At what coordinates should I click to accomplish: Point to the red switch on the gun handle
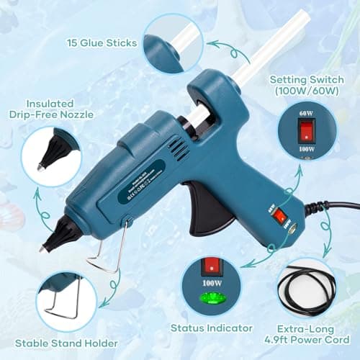tap(279, 214)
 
